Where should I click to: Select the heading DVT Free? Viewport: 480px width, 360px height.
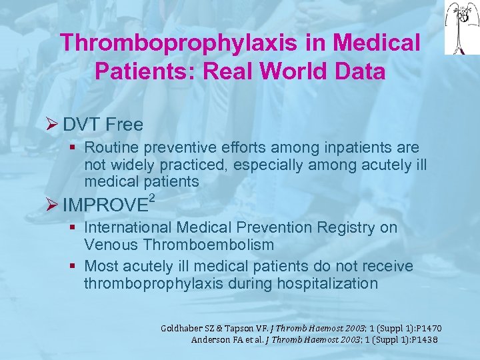(103, 125)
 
